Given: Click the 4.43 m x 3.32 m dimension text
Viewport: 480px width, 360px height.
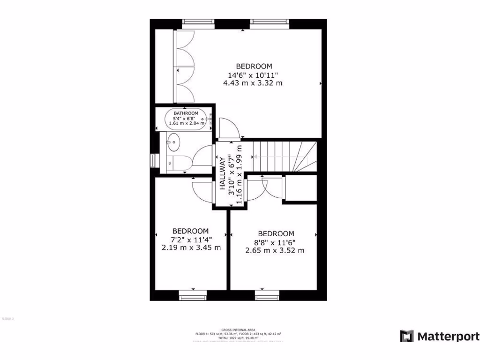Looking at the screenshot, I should coord(253,83).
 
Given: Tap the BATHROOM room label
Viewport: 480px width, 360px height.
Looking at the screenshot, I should coord(186,113).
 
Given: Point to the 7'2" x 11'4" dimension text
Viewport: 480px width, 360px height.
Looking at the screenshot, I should coord(190,240).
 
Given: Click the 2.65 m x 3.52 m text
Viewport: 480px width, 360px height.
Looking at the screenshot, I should coord(275,250).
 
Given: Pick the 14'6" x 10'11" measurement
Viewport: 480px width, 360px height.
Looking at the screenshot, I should coord(253,75).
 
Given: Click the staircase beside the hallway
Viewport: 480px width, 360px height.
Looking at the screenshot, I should coord(284,156).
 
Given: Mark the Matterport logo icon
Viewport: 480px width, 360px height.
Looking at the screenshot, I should coord(406,336).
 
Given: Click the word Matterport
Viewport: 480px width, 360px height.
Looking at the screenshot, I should coord(448,336).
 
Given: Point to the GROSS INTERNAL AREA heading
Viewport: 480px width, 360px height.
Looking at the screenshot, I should coord(239,330).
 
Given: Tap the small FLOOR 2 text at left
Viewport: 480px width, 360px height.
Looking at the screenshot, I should coord(8,319).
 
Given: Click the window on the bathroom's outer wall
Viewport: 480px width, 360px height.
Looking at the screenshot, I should coord(152,160).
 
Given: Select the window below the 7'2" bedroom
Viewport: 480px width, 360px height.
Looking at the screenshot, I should coord(193,294).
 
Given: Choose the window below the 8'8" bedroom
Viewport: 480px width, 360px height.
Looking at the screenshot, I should coord(267,294).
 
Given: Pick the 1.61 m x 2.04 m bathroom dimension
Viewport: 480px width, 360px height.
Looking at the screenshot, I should coord(186,123).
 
